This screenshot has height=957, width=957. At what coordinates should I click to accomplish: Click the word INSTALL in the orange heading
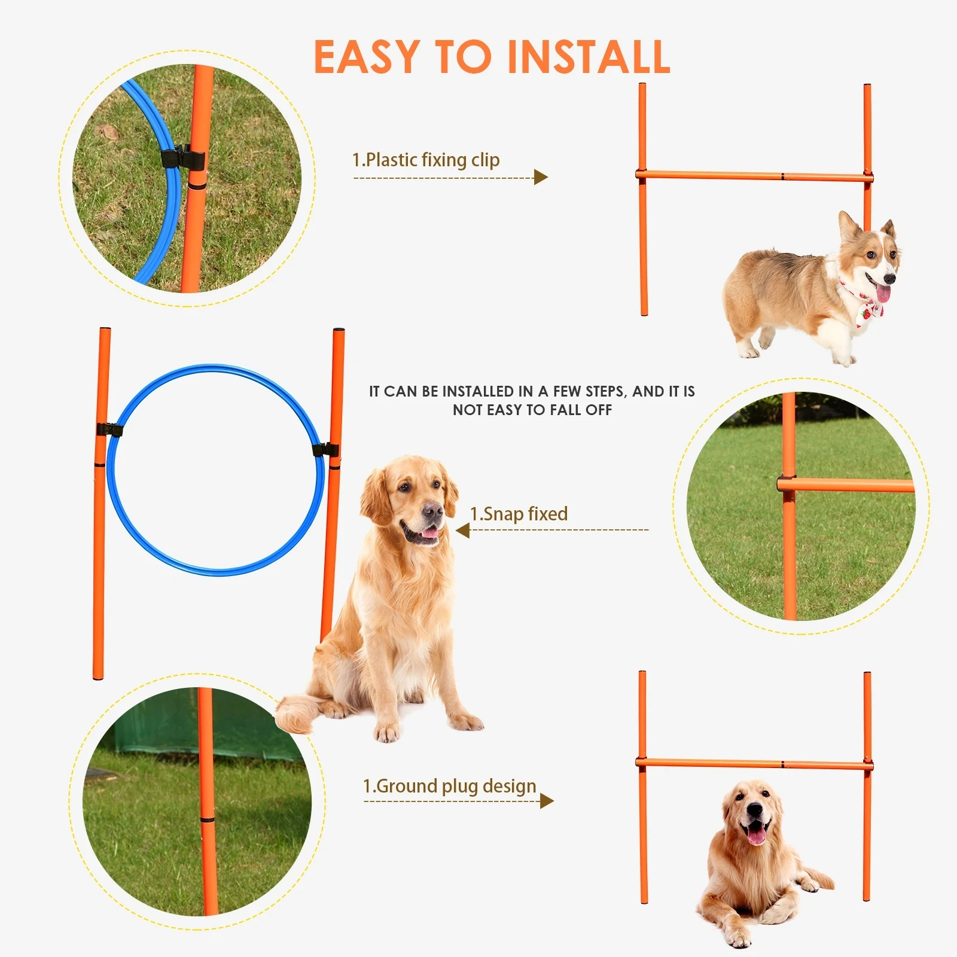[x=589, y=57]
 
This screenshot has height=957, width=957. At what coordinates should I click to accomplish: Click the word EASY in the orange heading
[x=366, y=57]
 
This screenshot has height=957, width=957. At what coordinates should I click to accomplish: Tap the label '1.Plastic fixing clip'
[x=425, y=160]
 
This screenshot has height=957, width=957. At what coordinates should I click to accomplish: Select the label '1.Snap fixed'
[x=519, y=514]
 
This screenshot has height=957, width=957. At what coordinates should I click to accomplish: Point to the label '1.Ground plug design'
[x=449, y=786]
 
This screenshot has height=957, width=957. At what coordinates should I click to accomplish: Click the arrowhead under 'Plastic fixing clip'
[x=541, y=177]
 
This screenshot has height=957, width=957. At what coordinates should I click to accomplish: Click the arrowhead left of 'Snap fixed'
[x=462, y=530]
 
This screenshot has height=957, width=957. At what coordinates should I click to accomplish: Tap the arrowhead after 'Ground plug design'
[x=546, y=801]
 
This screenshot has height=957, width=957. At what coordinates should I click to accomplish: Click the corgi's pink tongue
[x=883, y=294]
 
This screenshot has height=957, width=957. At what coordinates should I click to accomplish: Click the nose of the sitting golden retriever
[x=433, y=511]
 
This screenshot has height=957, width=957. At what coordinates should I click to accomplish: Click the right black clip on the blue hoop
[x=326, y=450]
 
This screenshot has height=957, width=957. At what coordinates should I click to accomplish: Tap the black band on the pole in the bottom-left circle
[x=207, y=819]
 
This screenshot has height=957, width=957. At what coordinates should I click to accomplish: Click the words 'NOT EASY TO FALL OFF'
[x=532, y=410]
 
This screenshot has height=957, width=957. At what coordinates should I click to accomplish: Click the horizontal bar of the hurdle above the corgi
[x=754, y=176]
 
